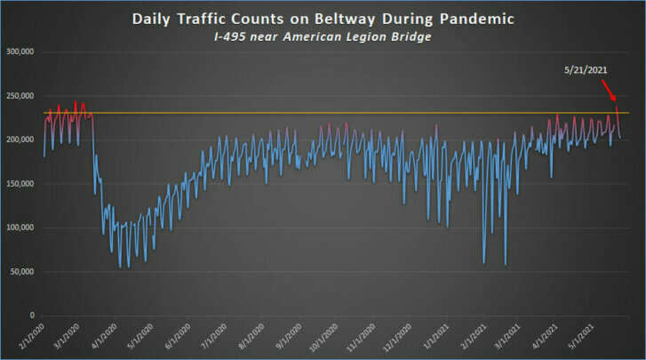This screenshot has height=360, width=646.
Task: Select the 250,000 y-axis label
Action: coord(20,96)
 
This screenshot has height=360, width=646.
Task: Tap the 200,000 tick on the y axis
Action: coord(20,140)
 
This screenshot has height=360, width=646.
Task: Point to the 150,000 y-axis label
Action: coord(20,184)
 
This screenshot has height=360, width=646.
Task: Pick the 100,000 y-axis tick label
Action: coord(20,228)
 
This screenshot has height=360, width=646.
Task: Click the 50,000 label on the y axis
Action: coord(21,271)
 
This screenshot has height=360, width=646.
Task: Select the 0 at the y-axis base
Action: coord(31,316)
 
